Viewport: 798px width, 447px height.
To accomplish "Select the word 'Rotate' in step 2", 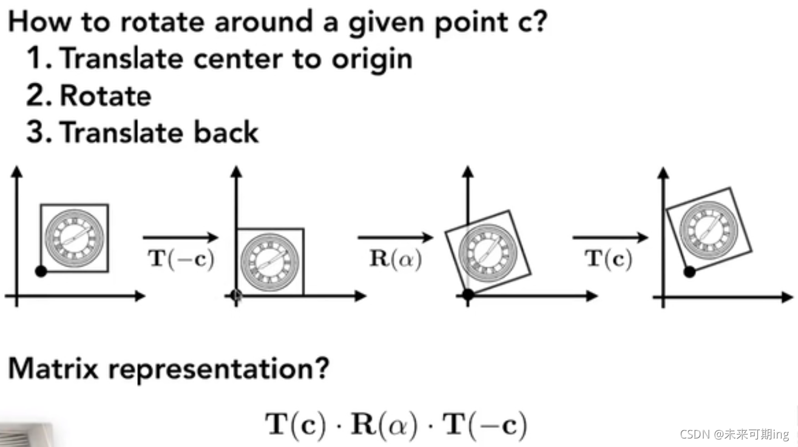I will point(106,96).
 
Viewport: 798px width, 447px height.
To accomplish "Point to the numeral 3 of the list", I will point(35,132).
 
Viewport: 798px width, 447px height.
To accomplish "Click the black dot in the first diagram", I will point(41,271).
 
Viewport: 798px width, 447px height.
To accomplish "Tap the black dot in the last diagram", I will point(689,271).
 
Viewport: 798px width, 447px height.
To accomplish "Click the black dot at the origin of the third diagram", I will point(467,296).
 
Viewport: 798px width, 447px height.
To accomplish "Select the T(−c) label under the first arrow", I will point(181,259).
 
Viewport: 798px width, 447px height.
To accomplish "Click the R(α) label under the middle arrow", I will point(396,259).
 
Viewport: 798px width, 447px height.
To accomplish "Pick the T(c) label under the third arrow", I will point(609,259).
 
